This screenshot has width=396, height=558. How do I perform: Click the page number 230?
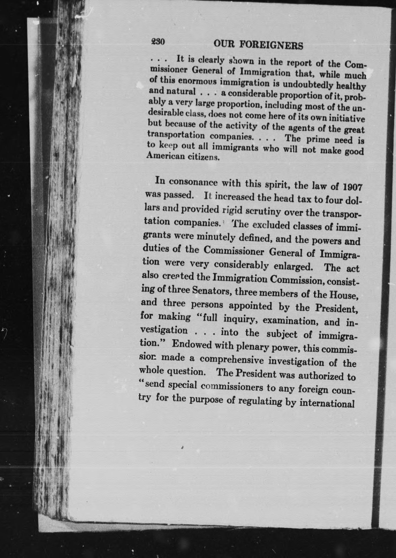(158, 42)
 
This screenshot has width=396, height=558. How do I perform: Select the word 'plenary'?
(252, 347)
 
